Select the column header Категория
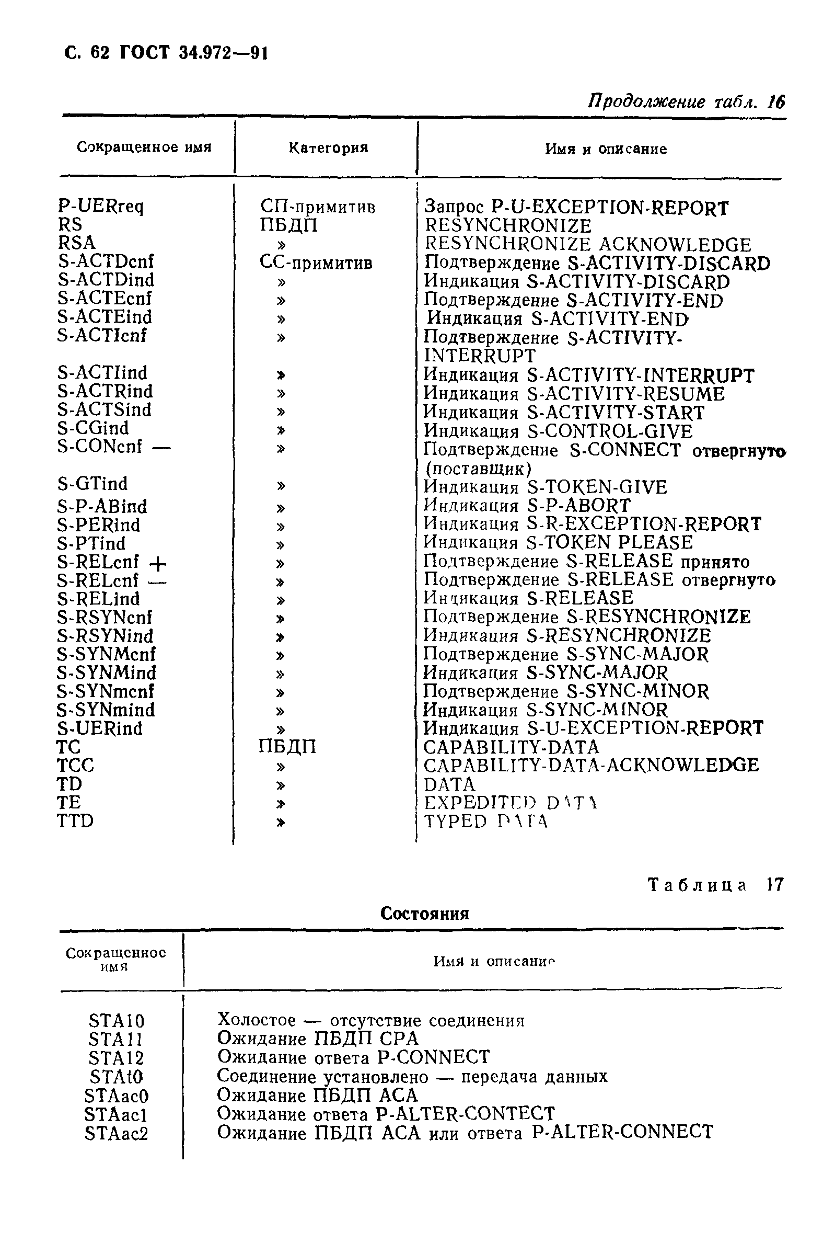328,147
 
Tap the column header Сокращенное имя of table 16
144,147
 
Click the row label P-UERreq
101,206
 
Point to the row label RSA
77,243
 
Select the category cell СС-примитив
316,262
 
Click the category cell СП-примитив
318,207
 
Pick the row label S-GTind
92,484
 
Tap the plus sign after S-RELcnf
158,563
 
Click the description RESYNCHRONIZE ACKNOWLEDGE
587,245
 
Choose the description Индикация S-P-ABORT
527,505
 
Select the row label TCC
75,765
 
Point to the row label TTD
75,820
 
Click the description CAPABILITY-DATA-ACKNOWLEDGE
591,765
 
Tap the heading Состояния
424,914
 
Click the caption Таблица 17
715,885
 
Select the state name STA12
116,1057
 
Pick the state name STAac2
116,1133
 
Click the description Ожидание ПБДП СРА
317,1039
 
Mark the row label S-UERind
100,728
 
